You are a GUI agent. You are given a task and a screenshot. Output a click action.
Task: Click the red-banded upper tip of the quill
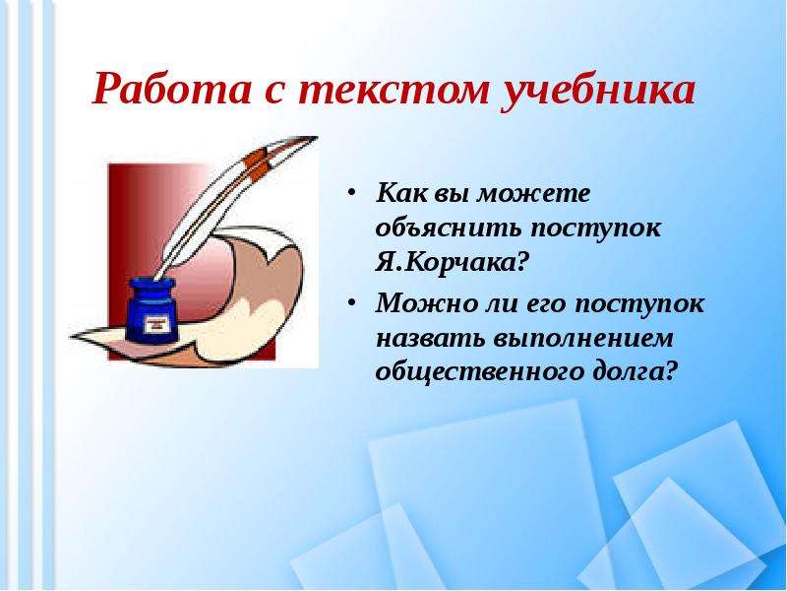click(285, 149)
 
